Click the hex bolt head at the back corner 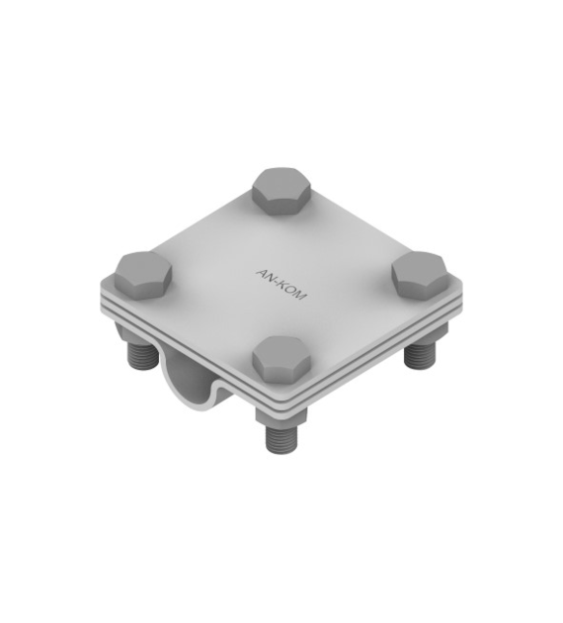(282, 192)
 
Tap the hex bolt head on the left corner (143, 275)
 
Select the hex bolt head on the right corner (420, 275)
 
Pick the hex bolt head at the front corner (281, 361)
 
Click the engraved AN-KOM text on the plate (281, 285)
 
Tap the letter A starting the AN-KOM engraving (262, 273)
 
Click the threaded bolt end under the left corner (141, 355)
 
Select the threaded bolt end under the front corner (281, 439)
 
